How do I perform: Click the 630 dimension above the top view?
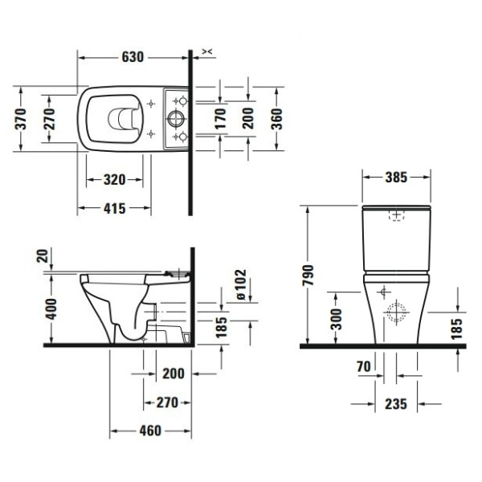(133, 57)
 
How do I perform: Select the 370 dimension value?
(22, 120)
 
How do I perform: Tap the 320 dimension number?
(113, 179)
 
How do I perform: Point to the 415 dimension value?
(113, 209)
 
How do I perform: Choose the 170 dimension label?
(220, 120)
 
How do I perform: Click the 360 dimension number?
(277, 120)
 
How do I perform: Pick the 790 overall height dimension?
(308, 276)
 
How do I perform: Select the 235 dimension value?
(394, 402)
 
